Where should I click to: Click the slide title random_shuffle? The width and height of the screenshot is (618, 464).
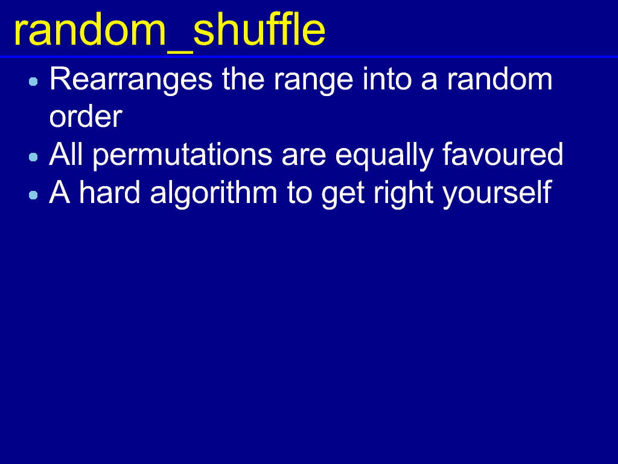170,31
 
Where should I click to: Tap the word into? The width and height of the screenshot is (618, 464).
387,79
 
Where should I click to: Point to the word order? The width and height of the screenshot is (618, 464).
86,117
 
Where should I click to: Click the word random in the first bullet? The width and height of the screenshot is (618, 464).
499,79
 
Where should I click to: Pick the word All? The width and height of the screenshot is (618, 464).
66,154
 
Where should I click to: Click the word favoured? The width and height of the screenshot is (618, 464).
503,154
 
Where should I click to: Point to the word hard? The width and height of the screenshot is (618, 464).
110,192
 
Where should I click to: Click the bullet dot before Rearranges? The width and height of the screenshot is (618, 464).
34,82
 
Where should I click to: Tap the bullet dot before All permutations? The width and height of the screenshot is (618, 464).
34,157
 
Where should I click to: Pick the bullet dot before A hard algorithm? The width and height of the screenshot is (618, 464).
34,195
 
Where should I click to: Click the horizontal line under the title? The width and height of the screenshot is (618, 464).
309,57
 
